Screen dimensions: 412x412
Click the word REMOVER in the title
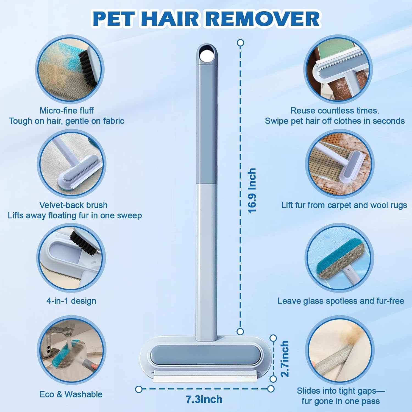click(x=263, y=19)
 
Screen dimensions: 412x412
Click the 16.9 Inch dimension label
click(x=252, y=191)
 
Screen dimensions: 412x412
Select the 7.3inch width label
click(x=204, y=399)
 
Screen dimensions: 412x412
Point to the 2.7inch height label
click(x=285, y=358)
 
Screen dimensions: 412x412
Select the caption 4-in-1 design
click(x=71, y=301)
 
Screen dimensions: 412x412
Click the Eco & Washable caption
click(x=71, y=394)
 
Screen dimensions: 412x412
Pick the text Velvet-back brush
click(x=73, y=205)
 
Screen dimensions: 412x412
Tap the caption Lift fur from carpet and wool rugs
click(x=344, y=205)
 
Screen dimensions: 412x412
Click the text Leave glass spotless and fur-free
click(x=341, y=301)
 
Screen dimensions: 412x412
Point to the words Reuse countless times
click(x=335, y=110)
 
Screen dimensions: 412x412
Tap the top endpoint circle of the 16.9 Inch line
click(x=240, y=43)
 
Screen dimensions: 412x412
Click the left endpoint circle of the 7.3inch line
click(x=139, y=389)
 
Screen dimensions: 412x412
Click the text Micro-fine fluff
click(x=66, y=110)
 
